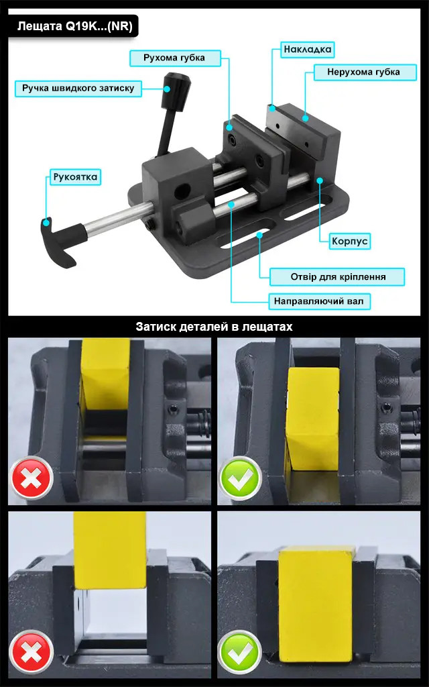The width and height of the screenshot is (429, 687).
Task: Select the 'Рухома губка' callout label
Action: point(175,58)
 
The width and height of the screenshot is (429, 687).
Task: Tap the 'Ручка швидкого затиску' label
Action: point(78,89)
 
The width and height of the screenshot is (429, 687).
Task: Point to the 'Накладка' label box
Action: point(307,50)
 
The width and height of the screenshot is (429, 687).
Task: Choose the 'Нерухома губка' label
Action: point(365,72)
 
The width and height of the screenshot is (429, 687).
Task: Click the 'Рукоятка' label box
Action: point(75,177)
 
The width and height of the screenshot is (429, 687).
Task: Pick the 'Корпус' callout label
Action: point(350,242)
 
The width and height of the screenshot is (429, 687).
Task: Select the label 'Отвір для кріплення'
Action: point(337,277)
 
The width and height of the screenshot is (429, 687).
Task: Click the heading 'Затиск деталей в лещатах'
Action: point(214,327)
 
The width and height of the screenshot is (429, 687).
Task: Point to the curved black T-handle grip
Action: point(59,242)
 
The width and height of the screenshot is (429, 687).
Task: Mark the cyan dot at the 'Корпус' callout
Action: point(320,180)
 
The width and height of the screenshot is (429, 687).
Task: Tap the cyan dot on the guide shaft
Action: point(231,204)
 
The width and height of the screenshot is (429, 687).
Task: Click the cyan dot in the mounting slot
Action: point(259,235)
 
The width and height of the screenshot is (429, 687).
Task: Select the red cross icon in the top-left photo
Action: point(31,478)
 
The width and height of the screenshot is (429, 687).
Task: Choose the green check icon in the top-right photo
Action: point(240,478)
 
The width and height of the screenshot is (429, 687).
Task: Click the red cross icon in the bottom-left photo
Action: point(31,651)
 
